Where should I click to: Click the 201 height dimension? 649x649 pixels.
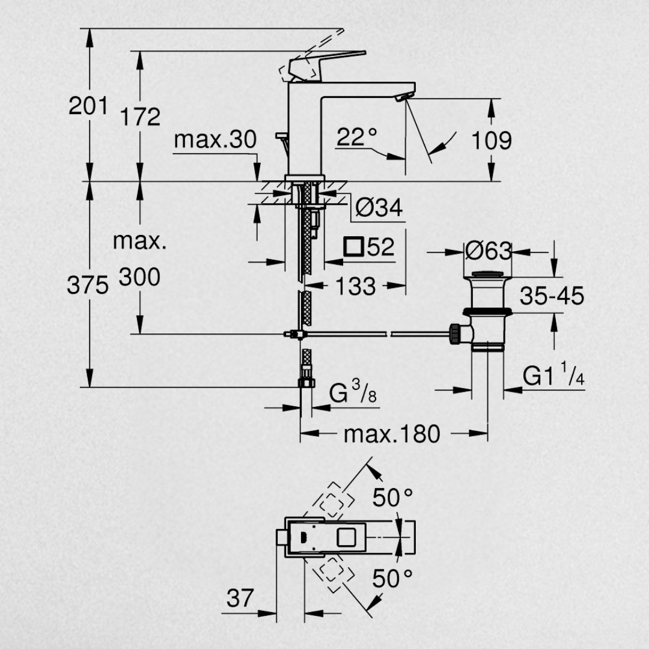[x=88, y=106]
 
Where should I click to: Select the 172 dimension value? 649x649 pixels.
[x=140, y=117]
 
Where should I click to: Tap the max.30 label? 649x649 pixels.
[x=215, y=139]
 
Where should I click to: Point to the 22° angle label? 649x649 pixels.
[x=357, y=136]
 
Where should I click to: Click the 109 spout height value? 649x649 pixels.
[x=492, y=141]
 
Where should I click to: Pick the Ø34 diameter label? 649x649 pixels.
[x=379, y=207]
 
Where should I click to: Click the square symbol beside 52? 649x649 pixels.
[x=354, y=247]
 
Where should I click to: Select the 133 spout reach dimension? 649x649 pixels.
[x=356, y=286]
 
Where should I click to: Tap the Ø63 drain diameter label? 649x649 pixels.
[x=489, y=251]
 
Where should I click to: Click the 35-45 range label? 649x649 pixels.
[x=552, y=296]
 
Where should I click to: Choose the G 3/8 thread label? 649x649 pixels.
[x=353, y=392]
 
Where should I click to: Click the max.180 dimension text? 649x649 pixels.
[x=392, y=434]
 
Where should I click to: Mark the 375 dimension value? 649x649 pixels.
[x=88, y=285]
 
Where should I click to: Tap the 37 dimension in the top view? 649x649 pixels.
[x=240, y=598]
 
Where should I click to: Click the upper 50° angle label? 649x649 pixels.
[x=392, y=498]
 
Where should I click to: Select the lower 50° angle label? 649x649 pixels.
[x=392, y=579]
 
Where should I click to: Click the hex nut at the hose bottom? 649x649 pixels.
[x=306, y=383]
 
